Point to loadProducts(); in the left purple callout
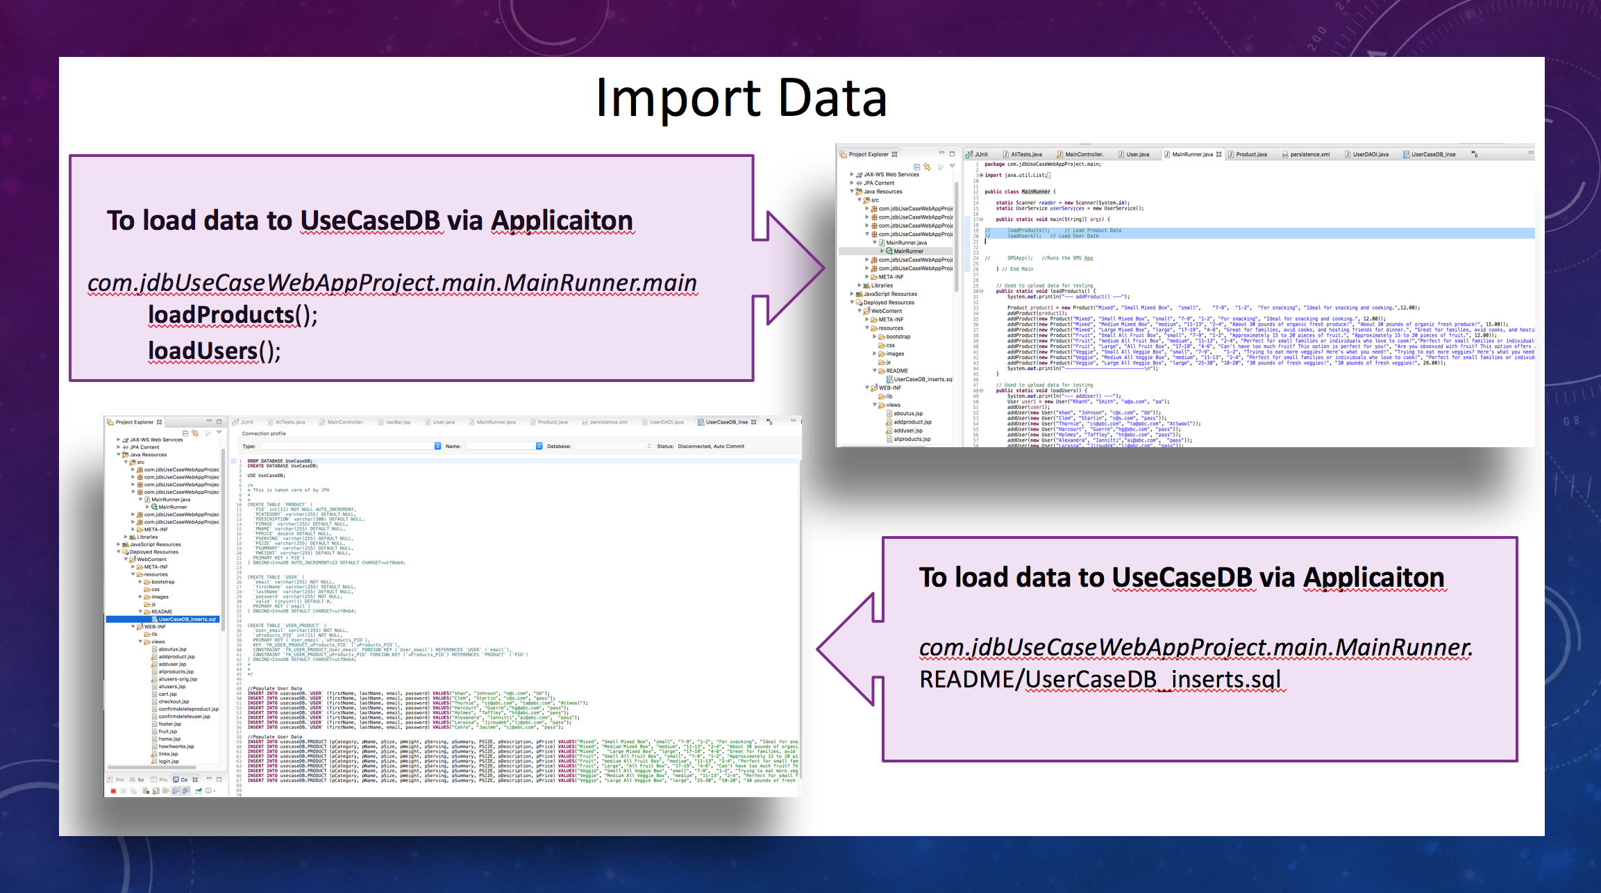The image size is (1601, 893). click(233, 316)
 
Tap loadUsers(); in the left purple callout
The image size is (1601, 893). click(214, 351)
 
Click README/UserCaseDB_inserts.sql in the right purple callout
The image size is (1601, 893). click(1100, 679)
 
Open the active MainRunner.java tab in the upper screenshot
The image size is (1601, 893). click(1191, 154)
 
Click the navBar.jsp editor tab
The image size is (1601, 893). click(398, 422)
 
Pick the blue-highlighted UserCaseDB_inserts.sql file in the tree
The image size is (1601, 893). click(187, 619)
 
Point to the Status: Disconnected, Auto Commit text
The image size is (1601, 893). click(701, 446)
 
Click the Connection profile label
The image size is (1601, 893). click(264, 433)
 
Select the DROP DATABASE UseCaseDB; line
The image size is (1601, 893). click(280, 460)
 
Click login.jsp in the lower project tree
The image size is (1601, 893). click(169, 761)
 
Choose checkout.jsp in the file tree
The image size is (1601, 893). click(174, 701)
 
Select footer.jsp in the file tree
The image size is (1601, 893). click(170, 724)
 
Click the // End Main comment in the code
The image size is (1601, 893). click(1017, 269)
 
